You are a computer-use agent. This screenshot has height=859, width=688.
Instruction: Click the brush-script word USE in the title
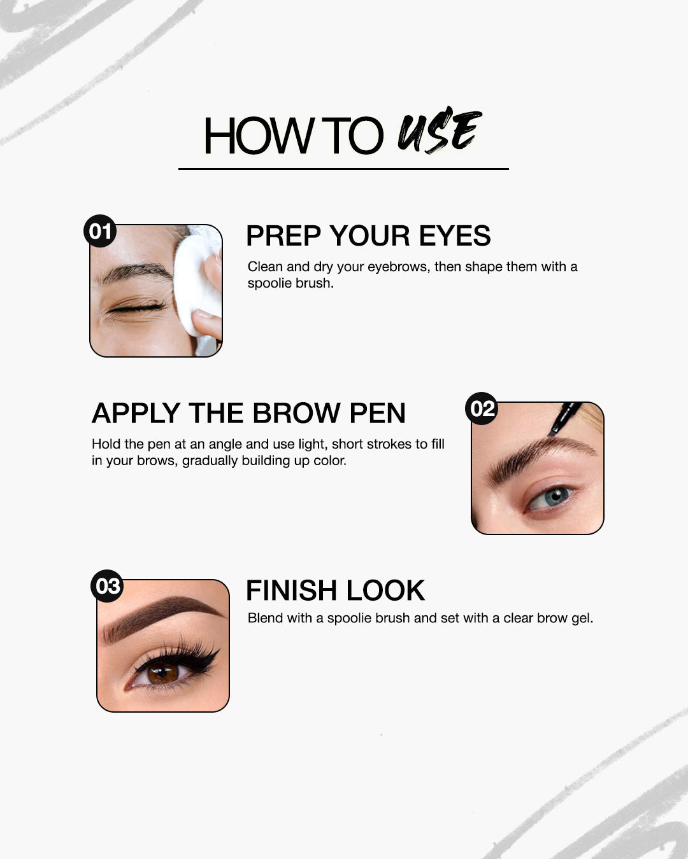point(439,131)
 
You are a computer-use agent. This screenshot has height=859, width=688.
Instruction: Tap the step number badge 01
point(100,231)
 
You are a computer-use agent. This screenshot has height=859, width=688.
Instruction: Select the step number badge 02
point(482,409)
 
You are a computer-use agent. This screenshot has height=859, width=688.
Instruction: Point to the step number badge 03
point(107,585)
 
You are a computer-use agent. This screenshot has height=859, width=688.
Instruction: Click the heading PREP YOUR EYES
point(368,236)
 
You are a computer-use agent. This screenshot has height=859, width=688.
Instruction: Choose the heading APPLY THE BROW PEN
point(248,414)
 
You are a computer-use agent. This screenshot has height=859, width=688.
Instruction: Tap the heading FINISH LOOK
point(335,590)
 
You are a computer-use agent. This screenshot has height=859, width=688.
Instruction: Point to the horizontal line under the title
point(343,169)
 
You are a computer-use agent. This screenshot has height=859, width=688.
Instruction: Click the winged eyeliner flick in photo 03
point(213,652)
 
